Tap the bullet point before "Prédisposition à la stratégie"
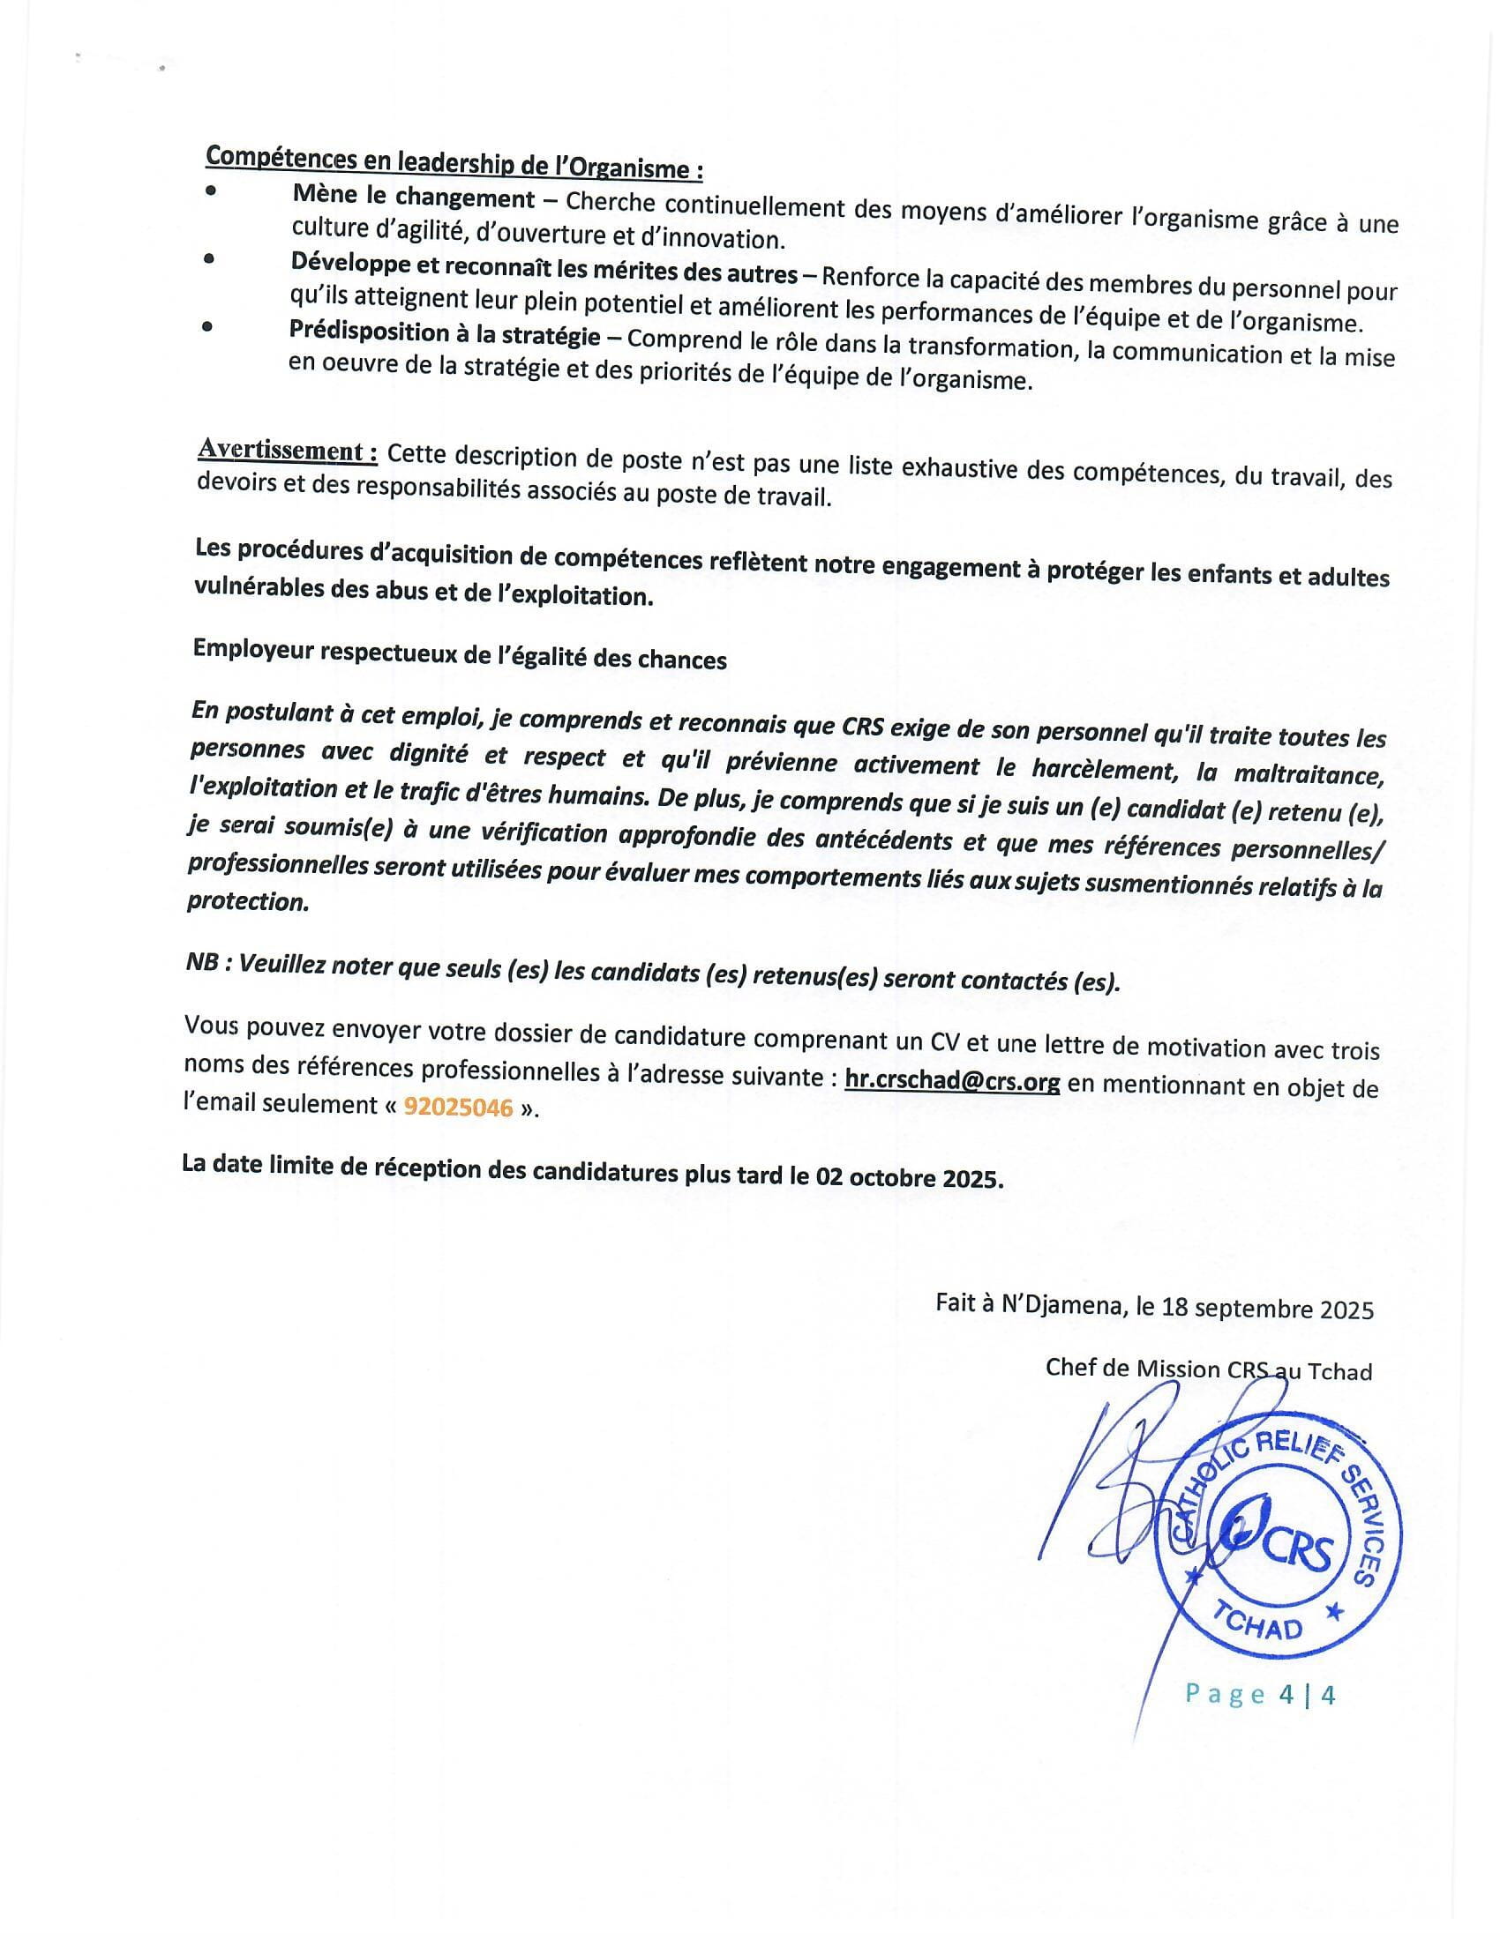point(207,326)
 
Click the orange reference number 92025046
point(459,1107)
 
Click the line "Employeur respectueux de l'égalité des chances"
point(460,655)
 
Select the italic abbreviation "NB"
point(202,963)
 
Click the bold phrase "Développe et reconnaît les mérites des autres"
point(543,266)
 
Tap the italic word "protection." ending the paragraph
point(247,900)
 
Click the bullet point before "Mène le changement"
point(210,190)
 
